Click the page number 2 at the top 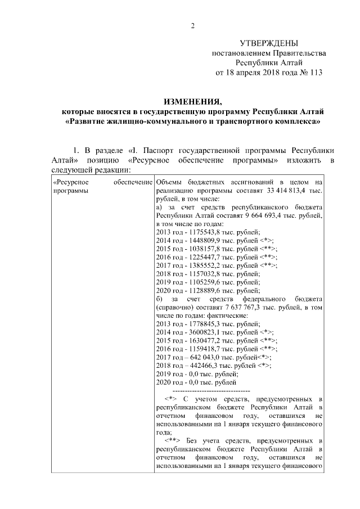(x=192, y=25)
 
